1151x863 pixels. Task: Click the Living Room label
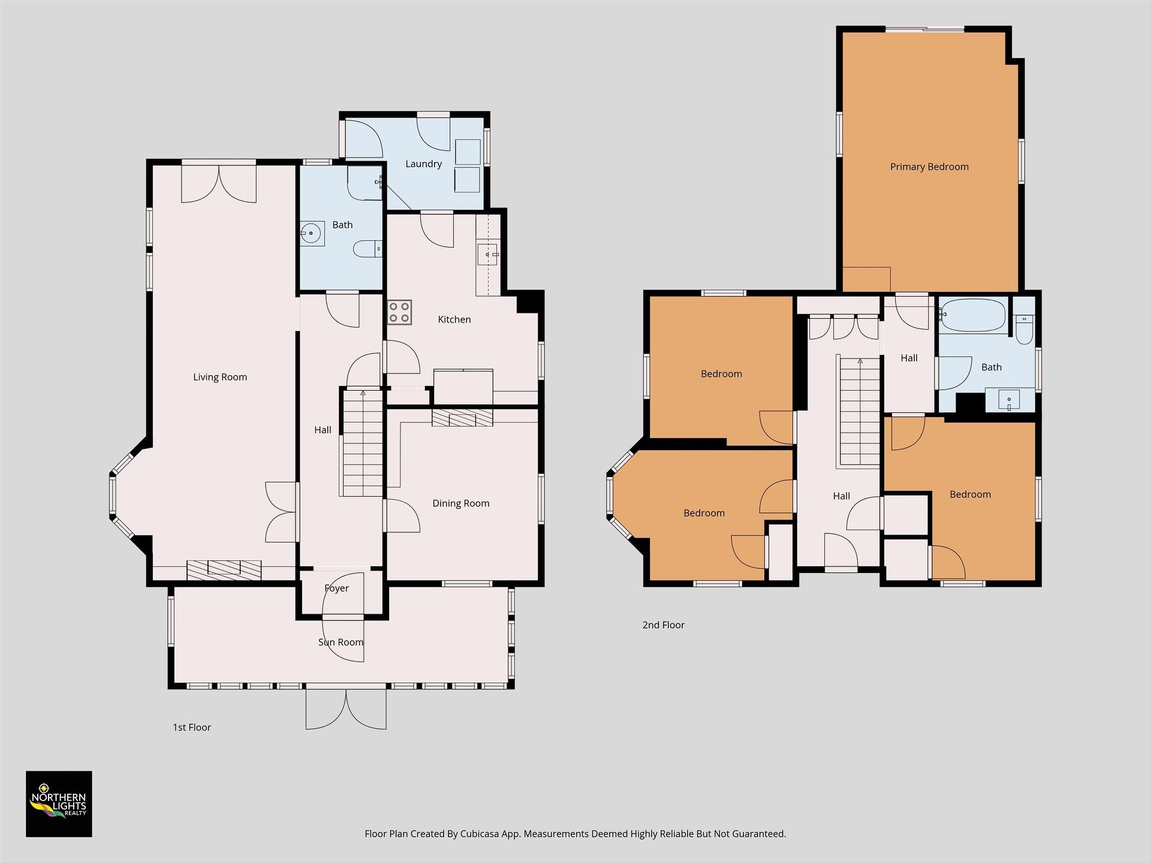pyautogui.click(x=220, y=377)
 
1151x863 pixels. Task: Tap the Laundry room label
pyautogui.click(x=423, y=164)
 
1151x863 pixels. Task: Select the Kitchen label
pyautogui.click(x=454, y=319)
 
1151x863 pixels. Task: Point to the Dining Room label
pyautogui.click(x=461, y=503)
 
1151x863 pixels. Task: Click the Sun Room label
pyautogui.click(x=341, y=642)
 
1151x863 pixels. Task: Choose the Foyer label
pyautogui.click(x=336, y=588)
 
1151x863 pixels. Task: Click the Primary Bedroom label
pyautogui.click(x=929, y=167)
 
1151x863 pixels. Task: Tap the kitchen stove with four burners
pyautogui.click(x=399, y=312)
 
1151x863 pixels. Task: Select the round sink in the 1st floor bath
pyautogui.click(x=312, y=233)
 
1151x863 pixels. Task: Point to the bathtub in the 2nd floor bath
pyautogui.click(x=973, y=315)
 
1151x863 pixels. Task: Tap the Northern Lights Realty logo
pyautogui.click(x=59, y=804)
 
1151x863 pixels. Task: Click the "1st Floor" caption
pyautogui.click(x=192, y=727)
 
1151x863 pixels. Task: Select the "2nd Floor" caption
pyautogui.click(x=663, y=624)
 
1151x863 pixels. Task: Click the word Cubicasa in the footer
pyautogui.click(x=481, y=834)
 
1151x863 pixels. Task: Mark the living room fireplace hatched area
pyautogui.click(x=224, y=570)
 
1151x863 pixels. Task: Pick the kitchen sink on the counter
pyautogui.click(x=488, y=254)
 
